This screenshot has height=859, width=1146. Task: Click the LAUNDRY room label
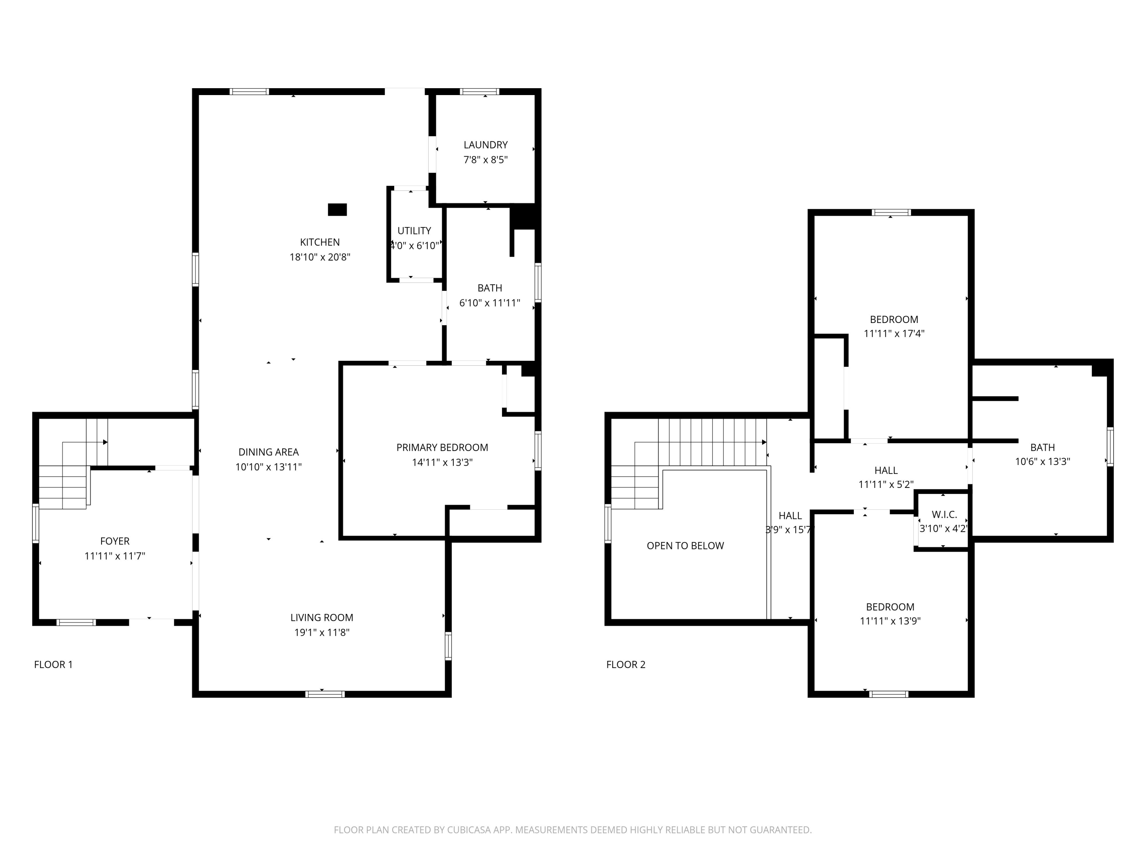pos(486,145)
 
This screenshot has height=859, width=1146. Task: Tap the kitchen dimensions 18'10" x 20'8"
pos(320,257)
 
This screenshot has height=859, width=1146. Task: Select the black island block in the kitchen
pos(337,210)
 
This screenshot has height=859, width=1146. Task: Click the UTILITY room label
pos(414,231)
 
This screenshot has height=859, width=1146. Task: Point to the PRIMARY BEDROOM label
pos(442,447)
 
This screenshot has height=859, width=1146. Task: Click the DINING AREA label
pos(269,452)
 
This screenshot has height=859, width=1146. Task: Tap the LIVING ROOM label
pos(322,618)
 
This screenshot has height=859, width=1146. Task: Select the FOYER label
pos(115,541)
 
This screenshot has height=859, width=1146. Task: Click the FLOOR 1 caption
pos(53,665)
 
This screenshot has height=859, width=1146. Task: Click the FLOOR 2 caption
pos(626,665)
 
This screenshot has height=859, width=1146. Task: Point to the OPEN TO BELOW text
pos(685,546)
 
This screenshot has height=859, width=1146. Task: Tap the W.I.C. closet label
pos(944,515)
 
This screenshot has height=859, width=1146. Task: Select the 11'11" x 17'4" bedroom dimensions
pos(894,334)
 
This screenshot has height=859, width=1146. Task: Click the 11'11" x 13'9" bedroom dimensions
pos(890,621)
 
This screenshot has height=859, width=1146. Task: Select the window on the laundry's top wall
pos(480,92)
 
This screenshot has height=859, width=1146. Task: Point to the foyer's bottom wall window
pos(76,622)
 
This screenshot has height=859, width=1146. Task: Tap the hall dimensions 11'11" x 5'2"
pos(886,484)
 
